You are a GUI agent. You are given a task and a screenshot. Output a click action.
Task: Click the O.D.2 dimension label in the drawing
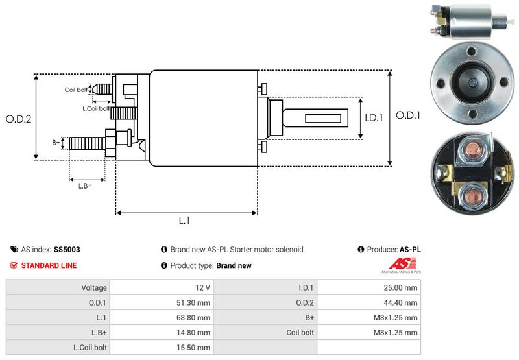(19, 119)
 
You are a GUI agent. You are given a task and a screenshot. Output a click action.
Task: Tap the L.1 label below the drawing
(184, 221)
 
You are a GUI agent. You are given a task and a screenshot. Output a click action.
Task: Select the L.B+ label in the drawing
(85, 186)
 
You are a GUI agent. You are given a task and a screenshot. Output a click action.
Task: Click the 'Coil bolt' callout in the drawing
(76, 90)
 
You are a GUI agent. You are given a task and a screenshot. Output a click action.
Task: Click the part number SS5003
(67, 249)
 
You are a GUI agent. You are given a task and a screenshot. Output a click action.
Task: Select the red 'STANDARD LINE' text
(49, 265)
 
